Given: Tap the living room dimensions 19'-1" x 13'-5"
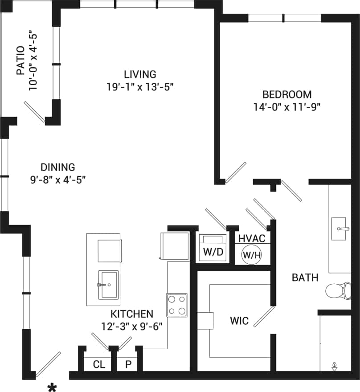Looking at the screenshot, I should pos(139,87).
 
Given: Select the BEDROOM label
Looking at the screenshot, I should pos(286,94).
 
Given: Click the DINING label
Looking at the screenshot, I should pos(58,167).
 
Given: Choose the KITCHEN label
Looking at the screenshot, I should pos(132,314).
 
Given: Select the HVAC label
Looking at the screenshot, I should pos(252,239).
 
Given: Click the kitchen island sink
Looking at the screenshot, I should pos(108,284).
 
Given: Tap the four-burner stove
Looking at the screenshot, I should pos(176,305).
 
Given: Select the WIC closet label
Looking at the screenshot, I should pos(239,321).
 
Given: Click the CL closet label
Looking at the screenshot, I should pos(99,364).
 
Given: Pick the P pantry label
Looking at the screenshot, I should pos(129,364).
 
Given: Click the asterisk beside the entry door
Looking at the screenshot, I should pos(52,387).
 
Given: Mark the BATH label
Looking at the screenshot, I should pos(305,278).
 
